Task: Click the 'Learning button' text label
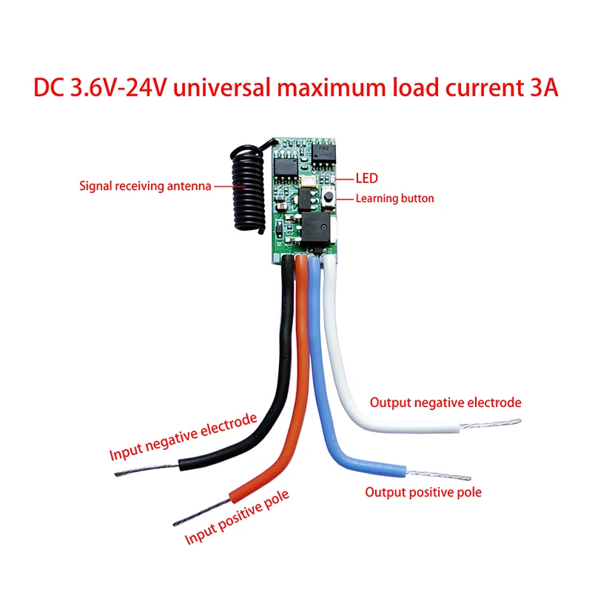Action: [x=394, y=198]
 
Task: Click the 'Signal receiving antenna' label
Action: [x=145, y=186]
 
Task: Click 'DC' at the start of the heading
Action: [x=50, y=87]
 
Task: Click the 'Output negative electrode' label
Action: [x=445, y=403]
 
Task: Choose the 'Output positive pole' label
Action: [x=423, y=492]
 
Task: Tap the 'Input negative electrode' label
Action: [x=183, y=437]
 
